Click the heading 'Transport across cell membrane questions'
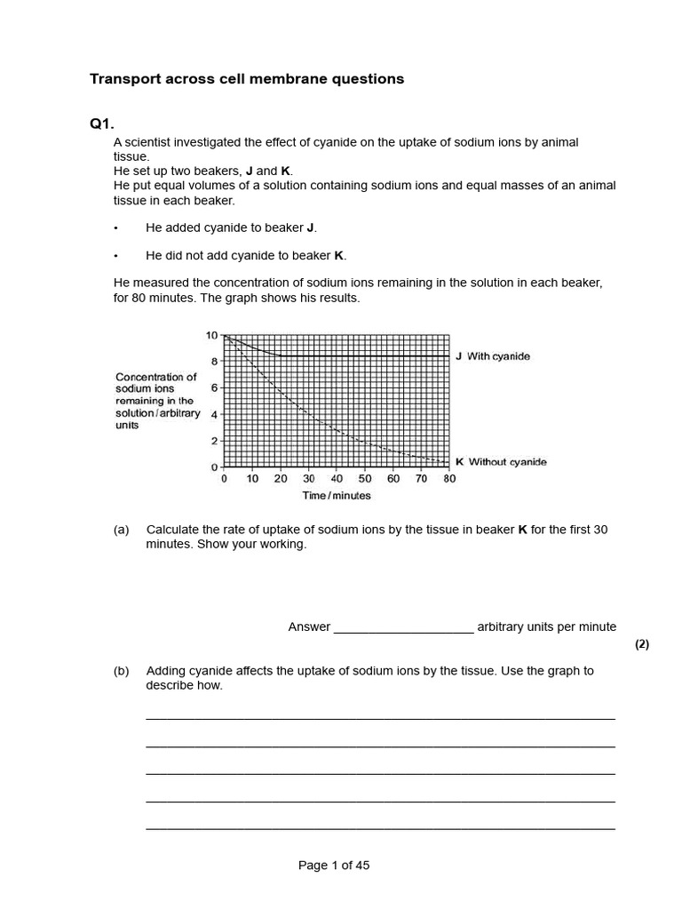coord(247,79)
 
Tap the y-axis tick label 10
coord(211,335)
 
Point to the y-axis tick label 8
coord(214,362)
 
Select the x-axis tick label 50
coord(365,479)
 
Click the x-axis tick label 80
coord(449,479)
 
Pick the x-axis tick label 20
coord(281,479)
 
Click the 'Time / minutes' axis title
coord(337,496)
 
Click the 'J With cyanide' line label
coord(493,356)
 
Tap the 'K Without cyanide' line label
coord(501,462)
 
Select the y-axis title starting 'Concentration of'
coord(156,401)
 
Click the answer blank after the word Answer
coord(403,627)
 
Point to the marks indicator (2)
coord(642,645)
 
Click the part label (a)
coord(122,530)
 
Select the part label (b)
coord(122,671)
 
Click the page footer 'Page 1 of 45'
coord(334,866)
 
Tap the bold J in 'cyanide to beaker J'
coord(311,227)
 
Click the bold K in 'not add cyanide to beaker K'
coord(338,256)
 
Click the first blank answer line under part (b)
coord(380,717)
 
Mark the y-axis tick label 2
coord(214,441)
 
